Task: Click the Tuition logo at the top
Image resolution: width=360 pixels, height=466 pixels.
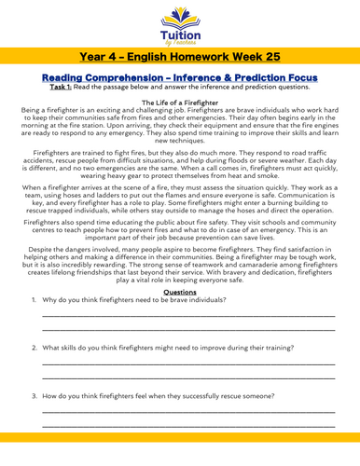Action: [x=179, y=21]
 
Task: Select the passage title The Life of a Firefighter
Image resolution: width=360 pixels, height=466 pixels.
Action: [x=180, y=114]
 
